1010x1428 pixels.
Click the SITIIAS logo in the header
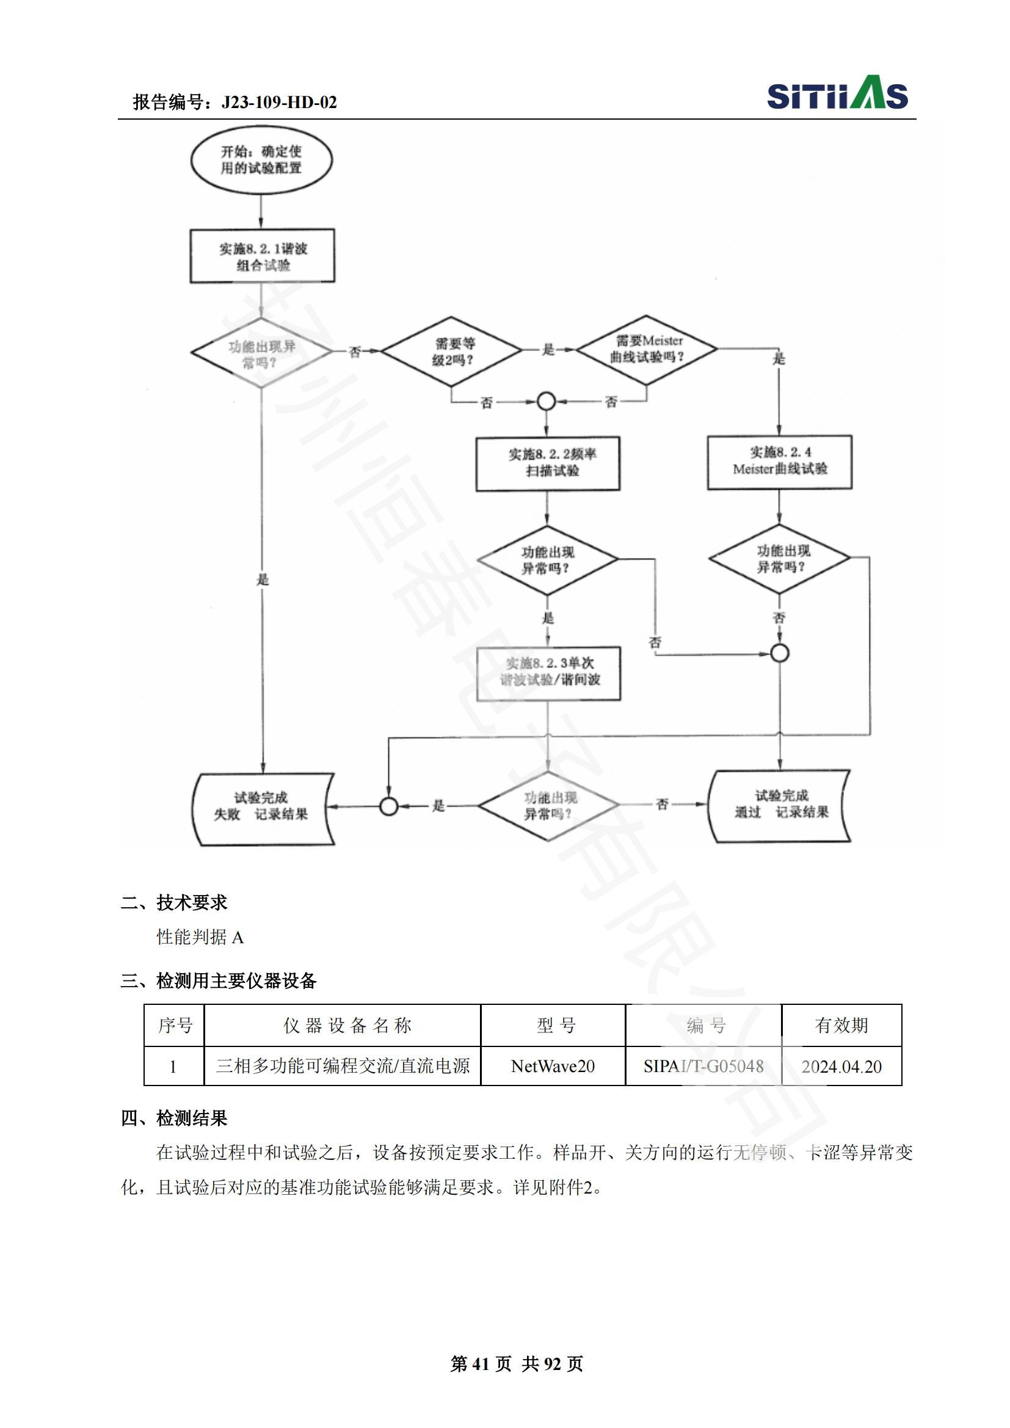coord(837,94)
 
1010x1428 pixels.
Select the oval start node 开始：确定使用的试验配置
coord(261,160)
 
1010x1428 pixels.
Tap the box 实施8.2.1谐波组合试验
coord(263,256)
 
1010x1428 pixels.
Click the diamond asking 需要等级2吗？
coord(451,352)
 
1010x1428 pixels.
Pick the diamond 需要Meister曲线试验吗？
coord(647,350)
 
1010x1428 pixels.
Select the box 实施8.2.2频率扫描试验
coord(547,463)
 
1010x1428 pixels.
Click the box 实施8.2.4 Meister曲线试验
coord(779,462)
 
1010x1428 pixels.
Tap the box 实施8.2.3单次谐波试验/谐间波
coord(548,673)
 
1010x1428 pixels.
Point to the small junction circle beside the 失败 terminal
coord(389,806)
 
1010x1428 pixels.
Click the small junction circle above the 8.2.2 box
coord(546,402)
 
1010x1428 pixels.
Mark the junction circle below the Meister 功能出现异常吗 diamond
coord(780,653)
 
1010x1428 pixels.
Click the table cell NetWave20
coord(553,1066)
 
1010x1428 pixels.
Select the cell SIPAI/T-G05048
coord(703,1066)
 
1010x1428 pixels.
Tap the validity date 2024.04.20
coord(841,1066)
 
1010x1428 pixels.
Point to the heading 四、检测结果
coord(174,1118)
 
